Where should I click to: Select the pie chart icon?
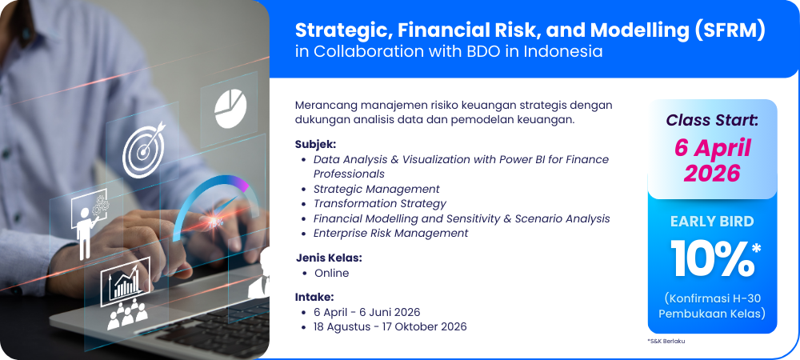(230, 109)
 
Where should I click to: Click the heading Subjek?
(315, 144)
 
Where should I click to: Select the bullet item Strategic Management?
(377, 189)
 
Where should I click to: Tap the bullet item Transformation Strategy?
(379, 204)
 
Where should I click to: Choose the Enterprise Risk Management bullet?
(391, 233)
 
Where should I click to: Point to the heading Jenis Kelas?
(329, 258)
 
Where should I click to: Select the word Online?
(332, 273)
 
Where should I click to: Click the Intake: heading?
(314, 297)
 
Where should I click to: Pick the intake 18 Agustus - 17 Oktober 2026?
(390, 326)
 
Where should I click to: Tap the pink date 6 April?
(712, 148)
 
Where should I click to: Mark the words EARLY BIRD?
(712, 222)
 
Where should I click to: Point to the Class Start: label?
(712, 121)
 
